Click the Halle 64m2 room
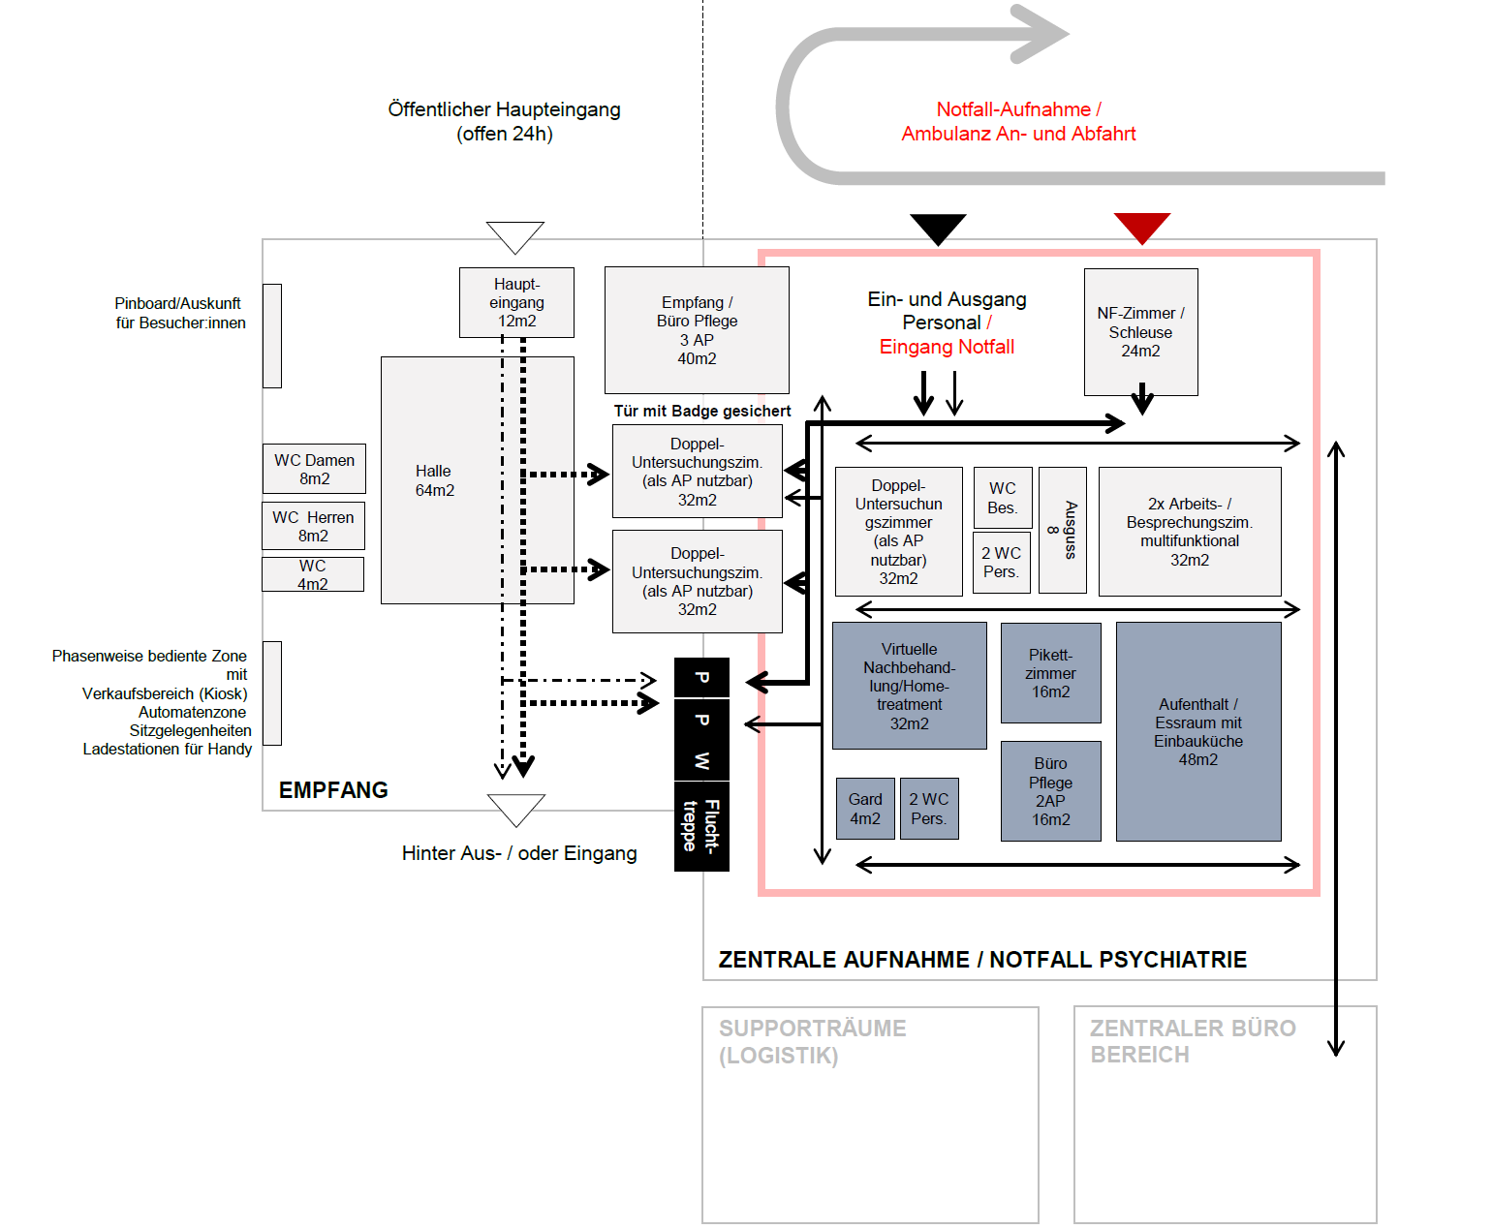pos(477,480)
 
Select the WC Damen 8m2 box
pos(314,469)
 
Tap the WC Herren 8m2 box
pos(313,526)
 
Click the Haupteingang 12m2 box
pos(516,302)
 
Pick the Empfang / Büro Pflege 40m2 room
pos(697,330)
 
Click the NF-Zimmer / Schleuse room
pos(1140,331)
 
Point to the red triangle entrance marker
pos(1142,228)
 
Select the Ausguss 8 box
pos(1063,530)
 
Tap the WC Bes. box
pos(1003,498)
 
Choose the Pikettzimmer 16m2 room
pos(1050,673)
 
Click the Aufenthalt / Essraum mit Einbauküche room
pos(1198,731)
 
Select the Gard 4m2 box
pos(865,809)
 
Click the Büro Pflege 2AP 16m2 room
pos(1050,791)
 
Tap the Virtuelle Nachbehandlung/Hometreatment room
pos(909,686)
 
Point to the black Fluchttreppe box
pos(701,826)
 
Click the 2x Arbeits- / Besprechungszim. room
pos(1190,532)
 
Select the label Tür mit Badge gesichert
pos(702,411)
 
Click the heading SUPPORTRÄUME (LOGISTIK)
pos(813,1042)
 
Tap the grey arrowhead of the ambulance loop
pos(1040,34)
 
